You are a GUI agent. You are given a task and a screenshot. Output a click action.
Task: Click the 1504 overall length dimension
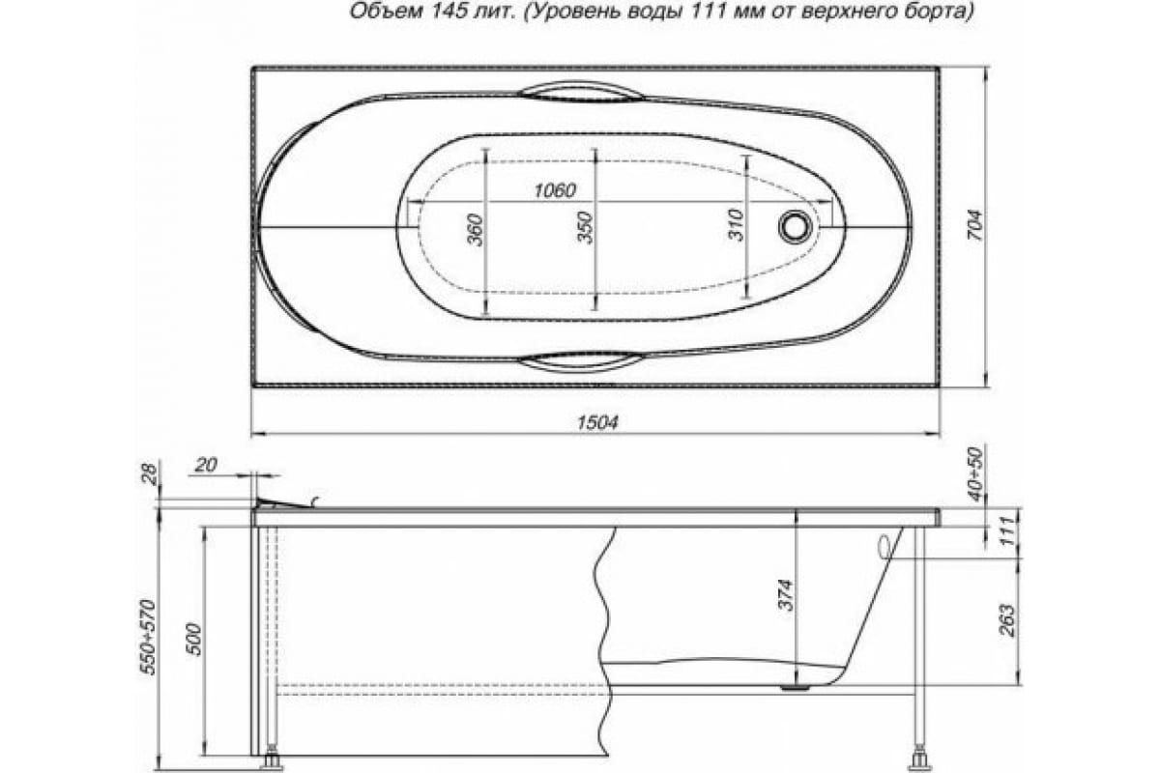coord(596,422)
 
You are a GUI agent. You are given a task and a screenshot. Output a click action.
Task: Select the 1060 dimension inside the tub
coord(554,190)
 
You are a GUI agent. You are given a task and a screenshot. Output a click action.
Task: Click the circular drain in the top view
coord(796,226)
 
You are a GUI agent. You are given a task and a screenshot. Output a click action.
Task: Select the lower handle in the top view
coord(581,361)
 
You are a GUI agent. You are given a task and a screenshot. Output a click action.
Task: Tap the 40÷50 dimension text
coord(975,474)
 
